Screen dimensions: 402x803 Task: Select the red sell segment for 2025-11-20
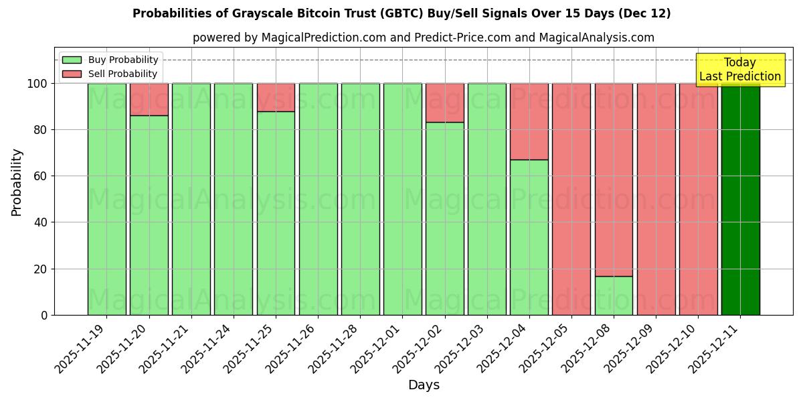[149, 99]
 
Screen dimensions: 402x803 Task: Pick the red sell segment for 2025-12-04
[529, 121]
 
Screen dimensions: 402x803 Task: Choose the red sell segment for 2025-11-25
[276, 97]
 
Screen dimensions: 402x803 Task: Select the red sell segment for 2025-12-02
[444, 103]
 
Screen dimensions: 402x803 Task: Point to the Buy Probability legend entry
[110, 60]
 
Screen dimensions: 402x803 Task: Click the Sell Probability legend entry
[110, 74]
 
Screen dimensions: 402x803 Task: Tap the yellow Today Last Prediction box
[739, 70]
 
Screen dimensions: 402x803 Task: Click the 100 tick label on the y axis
[36, 84]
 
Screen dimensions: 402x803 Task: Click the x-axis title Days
[424, 385]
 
